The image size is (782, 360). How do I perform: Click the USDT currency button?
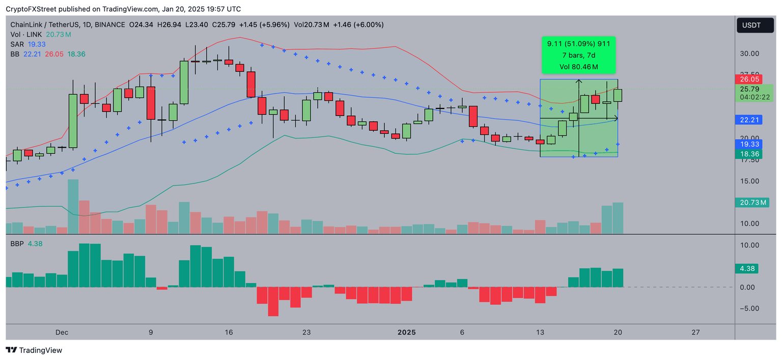coord(755,25)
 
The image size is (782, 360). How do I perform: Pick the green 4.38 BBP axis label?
coord(747,268)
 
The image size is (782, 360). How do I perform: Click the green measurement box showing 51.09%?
coord(578,55)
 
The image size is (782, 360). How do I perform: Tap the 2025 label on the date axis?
coord(406,333)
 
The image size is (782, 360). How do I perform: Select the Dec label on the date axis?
coord(62,333)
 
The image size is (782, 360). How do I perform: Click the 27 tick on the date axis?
coord(696,333)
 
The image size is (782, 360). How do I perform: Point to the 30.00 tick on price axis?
coord(749,53)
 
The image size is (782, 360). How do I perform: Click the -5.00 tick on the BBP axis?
coord(749,308)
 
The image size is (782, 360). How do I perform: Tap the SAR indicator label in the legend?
coord(17,44)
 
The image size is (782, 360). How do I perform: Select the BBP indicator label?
coord(17,244)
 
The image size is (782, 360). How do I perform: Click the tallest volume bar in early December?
coord(73,206)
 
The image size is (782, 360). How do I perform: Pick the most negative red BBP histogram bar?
coord(273,301)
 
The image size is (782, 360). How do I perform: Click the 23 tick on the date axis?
coord(306,333)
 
